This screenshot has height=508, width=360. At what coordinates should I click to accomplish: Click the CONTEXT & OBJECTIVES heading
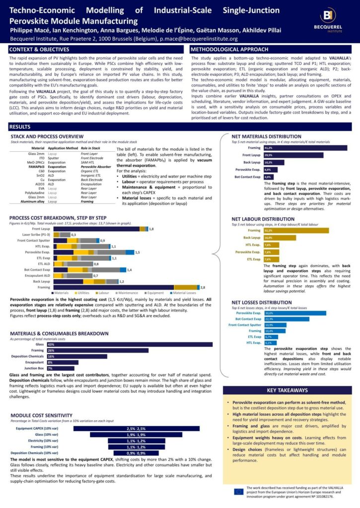(40, 50)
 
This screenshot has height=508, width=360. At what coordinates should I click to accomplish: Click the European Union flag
(238, 491)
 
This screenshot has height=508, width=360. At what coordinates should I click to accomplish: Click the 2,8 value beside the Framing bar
(203, 287)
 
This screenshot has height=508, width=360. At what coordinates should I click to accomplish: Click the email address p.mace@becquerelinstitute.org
(199, 39)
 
